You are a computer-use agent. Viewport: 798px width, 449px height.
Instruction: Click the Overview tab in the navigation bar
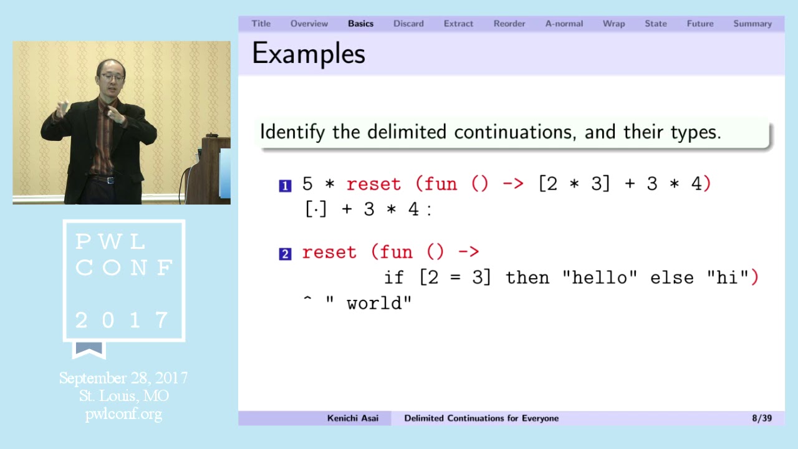(309, 24)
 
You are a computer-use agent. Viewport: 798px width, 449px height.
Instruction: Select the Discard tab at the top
(408, 24)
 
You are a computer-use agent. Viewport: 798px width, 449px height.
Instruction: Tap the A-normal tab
(564, 24)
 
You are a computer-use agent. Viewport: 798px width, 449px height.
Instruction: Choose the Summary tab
(752, 24)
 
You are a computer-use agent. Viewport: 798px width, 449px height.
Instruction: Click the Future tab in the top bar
(699, 24)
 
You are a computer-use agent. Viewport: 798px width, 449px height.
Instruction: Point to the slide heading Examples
(309, 54)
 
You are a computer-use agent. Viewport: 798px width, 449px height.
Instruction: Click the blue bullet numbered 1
(285, 185)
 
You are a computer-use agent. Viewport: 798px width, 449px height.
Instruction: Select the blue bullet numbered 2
(285, 254)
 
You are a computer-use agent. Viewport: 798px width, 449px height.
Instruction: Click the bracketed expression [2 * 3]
(574, 184)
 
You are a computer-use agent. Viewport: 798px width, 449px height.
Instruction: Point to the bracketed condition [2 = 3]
(455, 278)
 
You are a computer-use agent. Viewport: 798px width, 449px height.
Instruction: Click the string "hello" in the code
(599, 278)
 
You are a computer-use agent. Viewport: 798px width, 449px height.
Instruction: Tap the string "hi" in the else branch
(727, 278)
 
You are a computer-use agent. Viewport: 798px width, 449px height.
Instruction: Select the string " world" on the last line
(369, 303)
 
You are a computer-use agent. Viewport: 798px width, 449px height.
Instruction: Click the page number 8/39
(762, 418)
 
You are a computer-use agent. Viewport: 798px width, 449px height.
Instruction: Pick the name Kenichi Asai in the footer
(353, 418)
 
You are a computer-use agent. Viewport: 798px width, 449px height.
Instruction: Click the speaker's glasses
(112, 77)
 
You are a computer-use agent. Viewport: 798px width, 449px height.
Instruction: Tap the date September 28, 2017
(123, 379)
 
